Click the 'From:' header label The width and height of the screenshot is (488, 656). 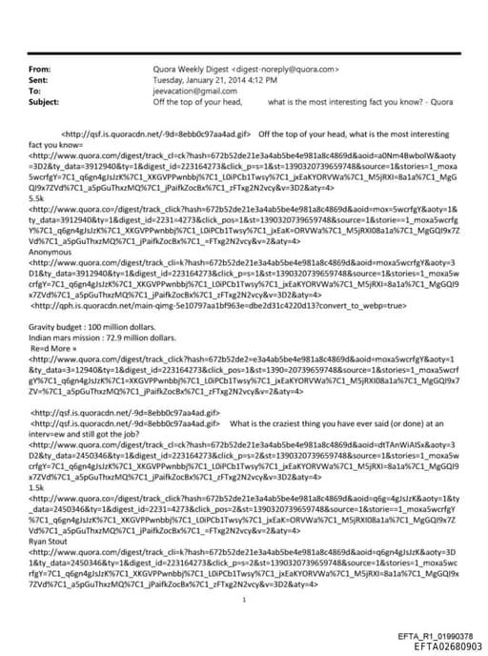40,70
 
